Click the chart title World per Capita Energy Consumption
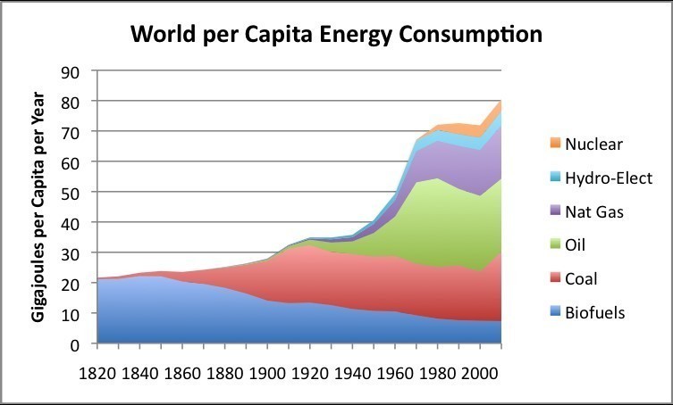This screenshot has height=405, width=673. [x=336, y=35]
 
